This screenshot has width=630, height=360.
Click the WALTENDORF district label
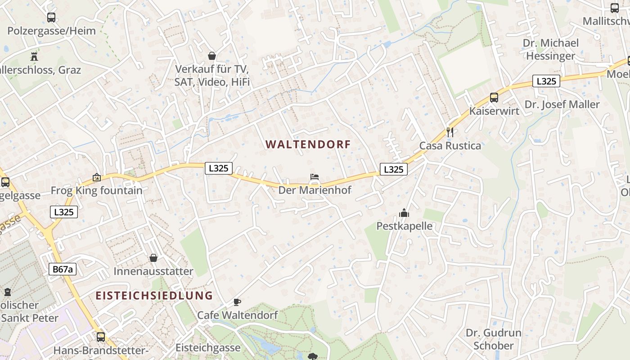point(308,144)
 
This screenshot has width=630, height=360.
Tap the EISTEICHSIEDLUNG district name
point(154,296)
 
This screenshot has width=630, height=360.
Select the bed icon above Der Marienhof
point(315,177)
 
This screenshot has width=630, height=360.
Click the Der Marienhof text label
point(315,190)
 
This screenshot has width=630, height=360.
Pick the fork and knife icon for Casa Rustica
point(450,132)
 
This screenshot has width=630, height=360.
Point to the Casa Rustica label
point(450,146)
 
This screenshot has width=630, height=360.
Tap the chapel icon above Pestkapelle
point(404,212)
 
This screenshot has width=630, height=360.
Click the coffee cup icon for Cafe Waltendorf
point(237,302)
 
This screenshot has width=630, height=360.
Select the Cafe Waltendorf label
point(237,315)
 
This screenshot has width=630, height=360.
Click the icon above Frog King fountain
point(96,177)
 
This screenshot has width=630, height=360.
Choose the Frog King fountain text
point(96,190)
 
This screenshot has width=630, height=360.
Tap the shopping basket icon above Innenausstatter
point(153,258)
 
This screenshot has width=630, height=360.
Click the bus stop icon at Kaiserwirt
point(494,97)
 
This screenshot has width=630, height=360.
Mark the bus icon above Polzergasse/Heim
point(51,18)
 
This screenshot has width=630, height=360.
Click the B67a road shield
point(63,270)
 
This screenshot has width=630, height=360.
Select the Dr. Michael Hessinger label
point(551,49)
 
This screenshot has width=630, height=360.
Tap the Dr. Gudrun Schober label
point(494,339)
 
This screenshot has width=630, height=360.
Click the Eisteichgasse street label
point(208,348)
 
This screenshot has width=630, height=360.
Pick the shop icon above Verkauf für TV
point(212,56)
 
